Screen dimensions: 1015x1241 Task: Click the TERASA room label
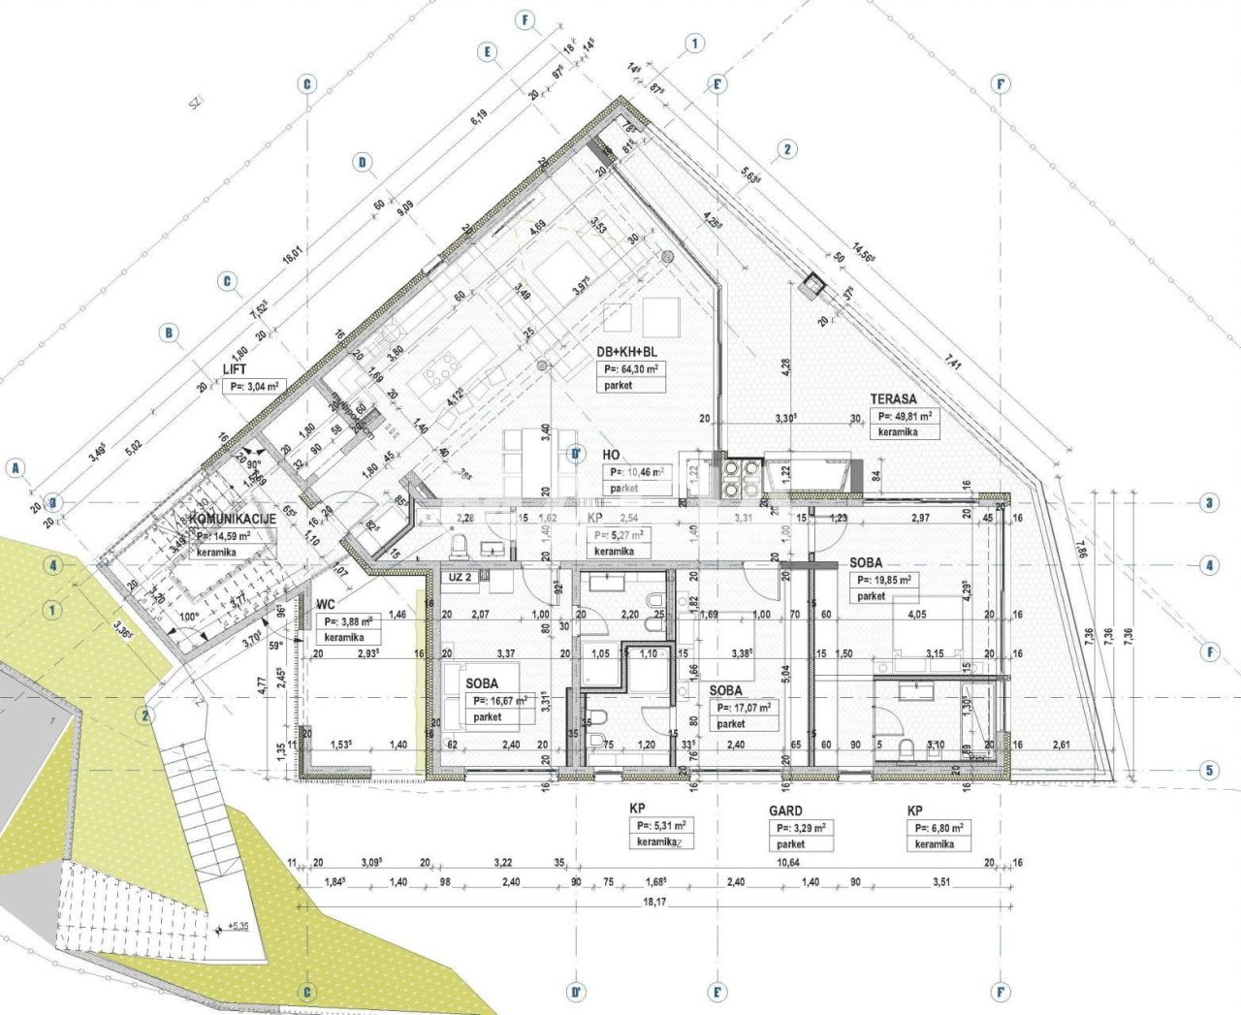tap(892, 398)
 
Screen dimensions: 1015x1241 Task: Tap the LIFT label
tap(235, 369)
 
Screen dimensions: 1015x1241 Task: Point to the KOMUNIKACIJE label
tap(233, 519)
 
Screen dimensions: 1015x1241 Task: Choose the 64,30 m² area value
tap(631, 369)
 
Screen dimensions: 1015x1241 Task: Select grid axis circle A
tap(15, 468)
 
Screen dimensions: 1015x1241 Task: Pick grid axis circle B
tap(169, 333)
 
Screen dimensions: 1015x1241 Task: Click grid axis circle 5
tap(1208, 772)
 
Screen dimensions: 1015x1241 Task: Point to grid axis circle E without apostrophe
tap(487, 52)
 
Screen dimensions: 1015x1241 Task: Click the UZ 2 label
tap(460, 577)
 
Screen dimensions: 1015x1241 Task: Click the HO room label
tap(611, 455)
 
